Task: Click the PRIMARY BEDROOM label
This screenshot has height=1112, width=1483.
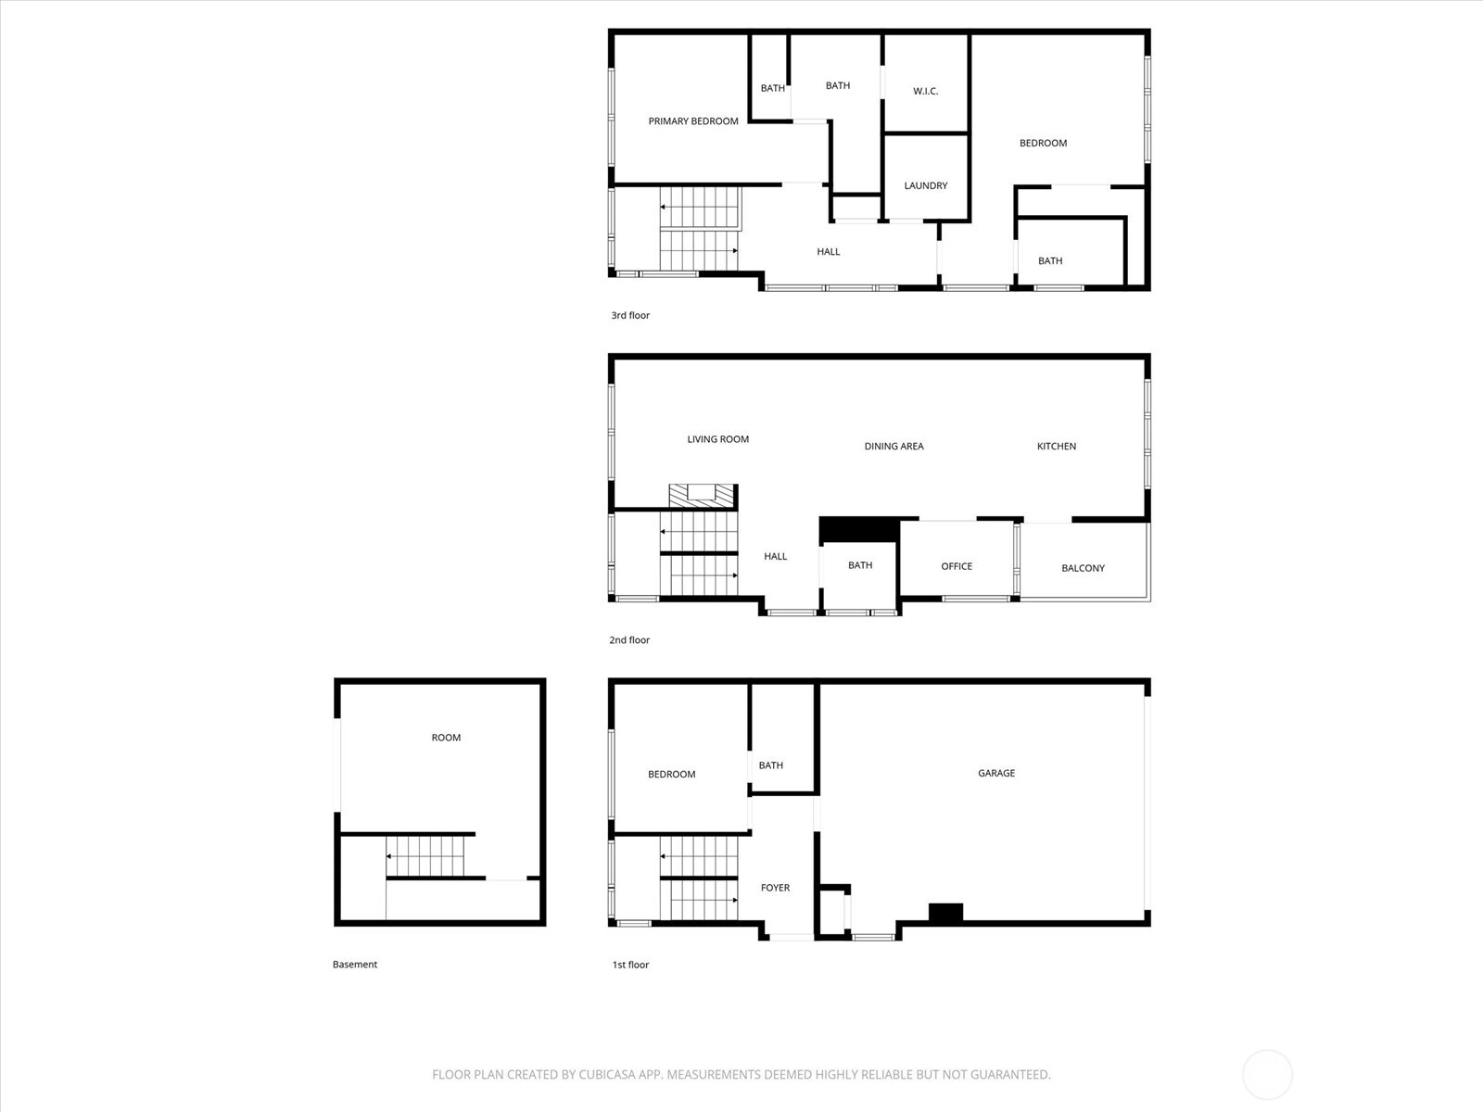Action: pyautogui.click(x=693, y=121)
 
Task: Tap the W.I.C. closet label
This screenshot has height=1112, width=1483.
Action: pyautogui.click(x=925, y=91)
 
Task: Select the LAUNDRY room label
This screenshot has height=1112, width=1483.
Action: pyautogui.click(x=925, y=185)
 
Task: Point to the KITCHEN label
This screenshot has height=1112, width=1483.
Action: pyautogui.click(x=1056, y=446)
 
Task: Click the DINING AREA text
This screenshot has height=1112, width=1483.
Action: pyautogui.click(x=894, y=446)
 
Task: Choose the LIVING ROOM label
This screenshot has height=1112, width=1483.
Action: pyautogui.click(x=717, y=439)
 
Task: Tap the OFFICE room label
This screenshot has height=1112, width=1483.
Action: pyautogui.click(x=957, y=566)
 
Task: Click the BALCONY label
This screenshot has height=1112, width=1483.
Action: pyautogui.click(x=1083, y=568)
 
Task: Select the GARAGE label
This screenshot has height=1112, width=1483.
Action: pyautogui.click(x=996, y=773)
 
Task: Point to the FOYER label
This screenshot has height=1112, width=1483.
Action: pyautogui.click(x=775, y=888)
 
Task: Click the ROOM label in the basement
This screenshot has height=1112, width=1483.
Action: pyautogui.click(x=446, y=738)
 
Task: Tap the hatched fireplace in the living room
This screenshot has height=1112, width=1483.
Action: pyautogui.click(x=702, y=496)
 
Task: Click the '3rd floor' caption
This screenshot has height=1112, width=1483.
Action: pyautogui.click(x=630, y=315)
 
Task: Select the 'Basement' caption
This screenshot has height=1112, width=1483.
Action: pyautogui.click(x=355, y=964)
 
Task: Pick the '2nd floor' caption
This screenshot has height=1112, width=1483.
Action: pyautogui.click(x=629, y=639)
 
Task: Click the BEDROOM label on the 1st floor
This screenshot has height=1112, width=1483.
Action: pyautogui.click(x=671, y=774)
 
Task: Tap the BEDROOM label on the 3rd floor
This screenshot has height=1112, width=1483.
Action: pyautogui.click(x=1043, y=143)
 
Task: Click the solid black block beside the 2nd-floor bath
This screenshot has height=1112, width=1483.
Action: pyautogui.click(x=859, y=529)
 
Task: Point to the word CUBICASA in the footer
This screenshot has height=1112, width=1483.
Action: pyautogui.click(x=611, y=1075)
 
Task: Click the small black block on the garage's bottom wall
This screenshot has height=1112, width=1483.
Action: pyautogui.click(x=945, y=913)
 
